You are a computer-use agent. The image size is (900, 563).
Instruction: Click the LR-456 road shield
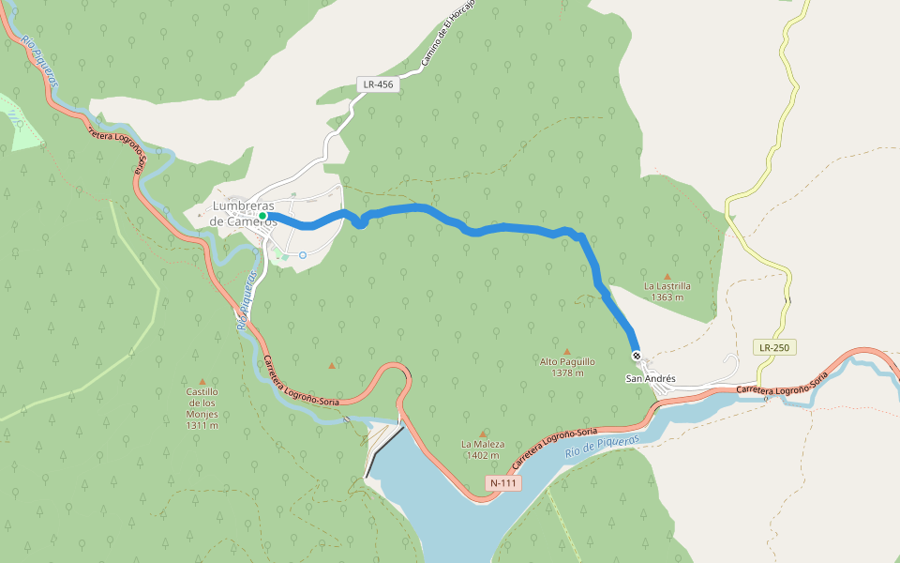[380, 84]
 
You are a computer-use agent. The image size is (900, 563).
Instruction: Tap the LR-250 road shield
[774, 347]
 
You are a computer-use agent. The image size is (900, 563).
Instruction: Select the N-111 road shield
[502, 482]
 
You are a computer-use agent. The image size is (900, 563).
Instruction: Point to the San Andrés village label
[651, 378]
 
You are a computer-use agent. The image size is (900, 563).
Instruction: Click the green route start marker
[262, 217]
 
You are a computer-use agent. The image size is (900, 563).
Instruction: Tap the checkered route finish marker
[637, 355]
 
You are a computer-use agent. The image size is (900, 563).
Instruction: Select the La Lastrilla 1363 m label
[667, 291]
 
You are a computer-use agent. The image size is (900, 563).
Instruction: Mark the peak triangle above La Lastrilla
[667, 276]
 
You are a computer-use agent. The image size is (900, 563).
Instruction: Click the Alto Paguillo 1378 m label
[567, 366]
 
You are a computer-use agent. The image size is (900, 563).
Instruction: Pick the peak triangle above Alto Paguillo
[566, 352]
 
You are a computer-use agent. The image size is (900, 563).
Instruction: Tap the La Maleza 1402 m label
[483, 449]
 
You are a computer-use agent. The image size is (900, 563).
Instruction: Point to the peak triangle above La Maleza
[483, 434]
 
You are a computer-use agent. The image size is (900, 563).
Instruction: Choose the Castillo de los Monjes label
[202, 408]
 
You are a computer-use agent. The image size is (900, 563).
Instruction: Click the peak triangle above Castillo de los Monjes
[202, 381]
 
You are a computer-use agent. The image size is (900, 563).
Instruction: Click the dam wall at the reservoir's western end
[384, 449]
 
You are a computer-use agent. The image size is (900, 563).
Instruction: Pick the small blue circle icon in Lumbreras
[303, 255]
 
